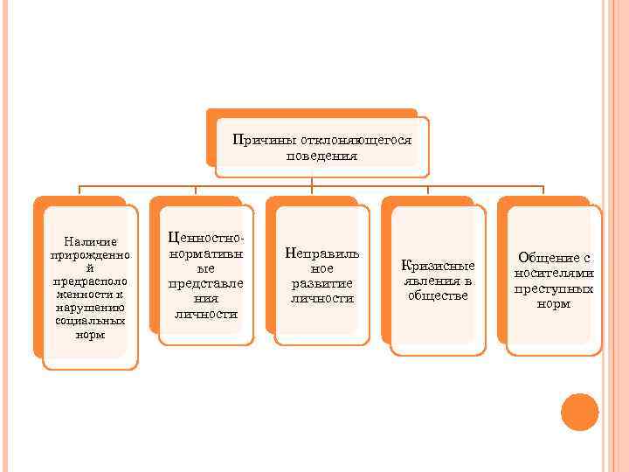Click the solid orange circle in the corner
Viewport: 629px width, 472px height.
coord(579,413)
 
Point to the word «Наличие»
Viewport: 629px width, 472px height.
coord(90,241)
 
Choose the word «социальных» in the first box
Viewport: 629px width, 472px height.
coord(90,321)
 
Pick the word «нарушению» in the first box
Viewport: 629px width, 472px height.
coord(90,308)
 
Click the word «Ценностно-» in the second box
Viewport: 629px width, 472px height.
coord(206,238)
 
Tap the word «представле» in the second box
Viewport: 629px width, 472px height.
coord(206,283)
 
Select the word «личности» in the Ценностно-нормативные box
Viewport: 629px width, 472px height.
coord(206,313)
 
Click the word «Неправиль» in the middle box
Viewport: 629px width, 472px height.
coord(321,253)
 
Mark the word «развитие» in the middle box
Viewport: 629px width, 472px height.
coord(321,283)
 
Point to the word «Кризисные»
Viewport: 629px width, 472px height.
coord(438,266)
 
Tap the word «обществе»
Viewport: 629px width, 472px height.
coord(438,295)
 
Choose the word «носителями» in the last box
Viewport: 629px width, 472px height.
coord(553,273)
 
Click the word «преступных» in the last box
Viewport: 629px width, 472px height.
coord(553,288)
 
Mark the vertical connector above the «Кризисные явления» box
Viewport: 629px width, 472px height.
coord(428,191)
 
